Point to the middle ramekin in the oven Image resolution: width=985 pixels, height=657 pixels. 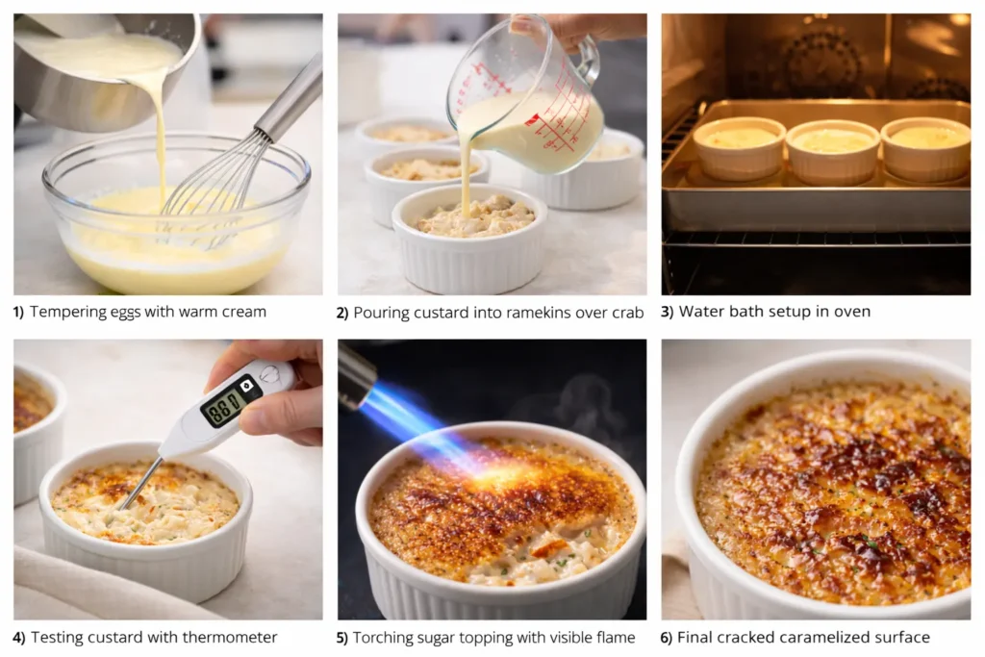pos(832,149)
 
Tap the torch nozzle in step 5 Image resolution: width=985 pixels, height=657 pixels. pos(355,375)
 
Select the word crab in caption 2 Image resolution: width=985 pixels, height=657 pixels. pos(626,312)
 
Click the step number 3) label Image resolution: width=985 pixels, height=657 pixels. pos(668,312)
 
